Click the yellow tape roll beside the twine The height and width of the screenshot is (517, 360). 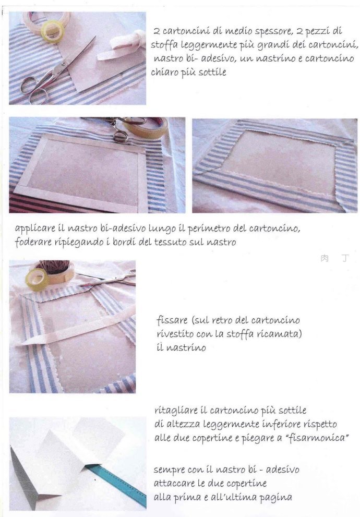coord(37,280)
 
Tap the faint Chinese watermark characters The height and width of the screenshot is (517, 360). coord(334,258)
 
